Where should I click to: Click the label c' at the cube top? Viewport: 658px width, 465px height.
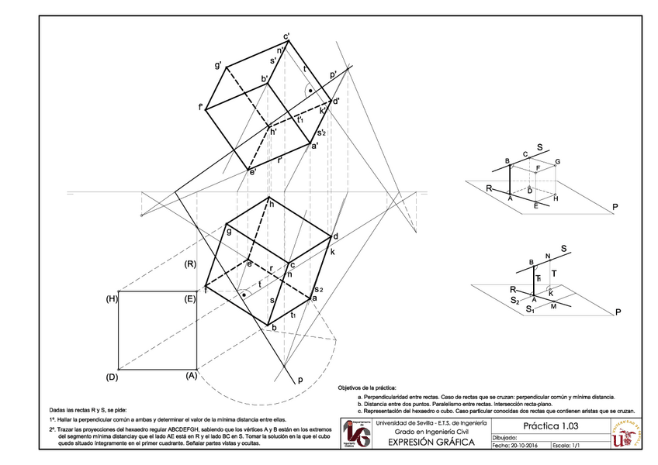point(286,36)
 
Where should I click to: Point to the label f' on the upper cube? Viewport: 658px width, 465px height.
point(201,107)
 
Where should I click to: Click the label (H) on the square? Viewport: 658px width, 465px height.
point(112,298)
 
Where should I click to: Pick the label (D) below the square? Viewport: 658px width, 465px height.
point(112,376)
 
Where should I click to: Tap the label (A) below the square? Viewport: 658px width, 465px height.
point(192,376)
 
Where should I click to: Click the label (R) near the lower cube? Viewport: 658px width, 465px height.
point(189,265)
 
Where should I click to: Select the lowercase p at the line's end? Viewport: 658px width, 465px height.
point(299,381)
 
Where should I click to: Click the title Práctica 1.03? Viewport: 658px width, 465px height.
point(550,425)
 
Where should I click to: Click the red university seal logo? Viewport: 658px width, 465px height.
point(627,434)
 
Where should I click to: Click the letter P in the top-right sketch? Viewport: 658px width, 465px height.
point(614,207)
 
